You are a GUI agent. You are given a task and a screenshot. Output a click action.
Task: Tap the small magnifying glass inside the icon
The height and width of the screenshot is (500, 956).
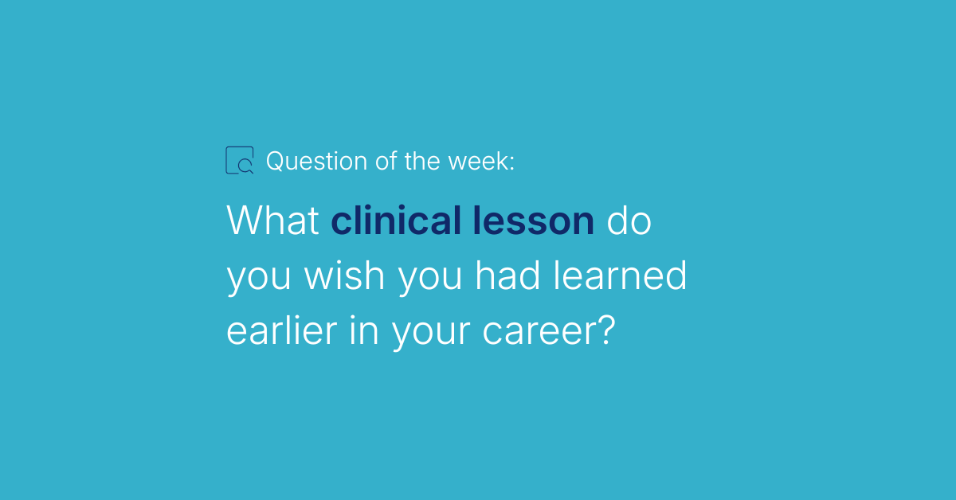245,166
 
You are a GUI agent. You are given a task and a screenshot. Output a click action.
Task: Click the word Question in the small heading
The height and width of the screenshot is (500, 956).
316,162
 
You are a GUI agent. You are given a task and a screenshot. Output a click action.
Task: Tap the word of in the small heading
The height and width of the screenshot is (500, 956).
386,162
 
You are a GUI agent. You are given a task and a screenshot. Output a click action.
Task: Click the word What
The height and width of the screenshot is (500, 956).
272,220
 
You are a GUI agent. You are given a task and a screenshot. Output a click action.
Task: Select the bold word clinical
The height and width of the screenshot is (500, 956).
396,220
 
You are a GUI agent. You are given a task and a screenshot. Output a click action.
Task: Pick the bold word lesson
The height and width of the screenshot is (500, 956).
534,220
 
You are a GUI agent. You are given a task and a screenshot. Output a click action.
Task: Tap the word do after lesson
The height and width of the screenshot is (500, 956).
629,220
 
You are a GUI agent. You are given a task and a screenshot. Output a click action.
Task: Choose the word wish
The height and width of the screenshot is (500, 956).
344,275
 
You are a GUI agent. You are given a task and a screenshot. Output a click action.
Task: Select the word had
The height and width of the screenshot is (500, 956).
507,275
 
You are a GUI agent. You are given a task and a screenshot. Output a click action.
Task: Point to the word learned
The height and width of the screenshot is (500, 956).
620,275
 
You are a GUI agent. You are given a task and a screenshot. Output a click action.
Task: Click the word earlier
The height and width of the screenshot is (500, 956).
282,330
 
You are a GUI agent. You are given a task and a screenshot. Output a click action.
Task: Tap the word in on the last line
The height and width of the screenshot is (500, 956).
364,330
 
